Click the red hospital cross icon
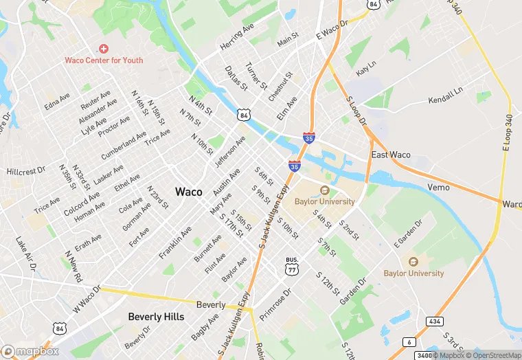coord(104,48)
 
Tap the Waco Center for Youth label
coord(104,60)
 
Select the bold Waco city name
coord(189,192)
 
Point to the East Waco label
coord(391,155)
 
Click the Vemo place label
coord(438,187)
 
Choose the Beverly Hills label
coord(156,317)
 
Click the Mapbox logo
coord(30,351)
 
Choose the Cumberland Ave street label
coord(124,146)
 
